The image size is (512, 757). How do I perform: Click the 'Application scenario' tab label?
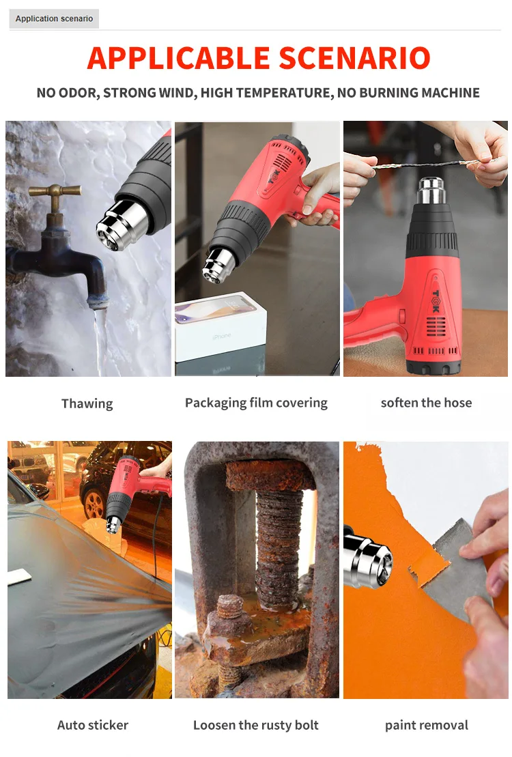pyautogui.click(x=54, y=18)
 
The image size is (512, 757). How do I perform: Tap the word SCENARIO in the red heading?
pyautogui.click(x=360, y=58)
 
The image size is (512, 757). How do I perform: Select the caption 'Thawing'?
pyautogui.click(x=87, y=403)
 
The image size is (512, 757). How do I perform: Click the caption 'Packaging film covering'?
pyautogui.click(x=256, y=403)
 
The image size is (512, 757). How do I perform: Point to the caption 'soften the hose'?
pyautogui.click(x=426, y=403)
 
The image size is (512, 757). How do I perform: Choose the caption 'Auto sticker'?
pyautogui.click(x=92, y=725)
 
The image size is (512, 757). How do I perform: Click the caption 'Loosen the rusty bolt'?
pyautogui.click(x=256, y=725)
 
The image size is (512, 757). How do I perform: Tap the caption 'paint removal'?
pyautogui.click(x=426, y=725)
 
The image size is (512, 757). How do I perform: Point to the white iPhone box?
pyautogui.click(x=218, y=328)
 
